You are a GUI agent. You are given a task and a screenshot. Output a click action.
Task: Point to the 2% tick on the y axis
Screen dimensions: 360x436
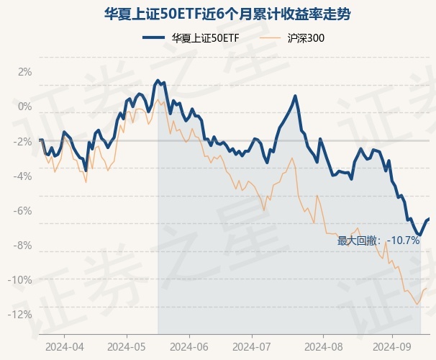point(25,72)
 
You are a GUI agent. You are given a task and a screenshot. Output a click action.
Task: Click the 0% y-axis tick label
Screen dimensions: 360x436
point(25,107)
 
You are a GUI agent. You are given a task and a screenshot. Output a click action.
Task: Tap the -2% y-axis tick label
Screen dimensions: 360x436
point(23,141)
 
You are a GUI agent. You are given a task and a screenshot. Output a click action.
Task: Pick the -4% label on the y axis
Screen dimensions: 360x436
point(23,176)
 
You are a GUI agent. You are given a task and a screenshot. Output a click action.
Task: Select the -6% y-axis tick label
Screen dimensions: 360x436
point(23,210)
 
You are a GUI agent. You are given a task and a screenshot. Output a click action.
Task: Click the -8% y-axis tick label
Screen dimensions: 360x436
point(23,245)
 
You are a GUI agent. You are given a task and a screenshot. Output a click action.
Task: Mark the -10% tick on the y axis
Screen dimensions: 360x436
point(21,279)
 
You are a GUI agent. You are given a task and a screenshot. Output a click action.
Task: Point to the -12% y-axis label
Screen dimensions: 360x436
point(21,314)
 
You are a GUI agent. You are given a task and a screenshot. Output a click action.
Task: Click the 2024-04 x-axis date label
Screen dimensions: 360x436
point(64,346)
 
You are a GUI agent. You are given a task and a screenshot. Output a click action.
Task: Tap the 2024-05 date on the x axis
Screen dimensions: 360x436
point(127,346)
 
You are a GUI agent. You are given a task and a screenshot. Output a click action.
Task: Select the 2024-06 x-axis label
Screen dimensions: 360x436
point(189,346)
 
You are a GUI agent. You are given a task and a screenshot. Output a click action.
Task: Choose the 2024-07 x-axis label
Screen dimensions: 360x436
point(251,346)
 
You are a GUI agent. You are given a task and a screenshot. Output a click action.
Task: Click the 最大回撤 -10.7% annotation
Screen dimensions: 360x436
point(378,240)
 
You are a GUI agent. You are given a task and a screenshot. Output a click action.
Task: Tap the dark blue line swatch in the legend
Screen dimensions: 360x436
point(149,37)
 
